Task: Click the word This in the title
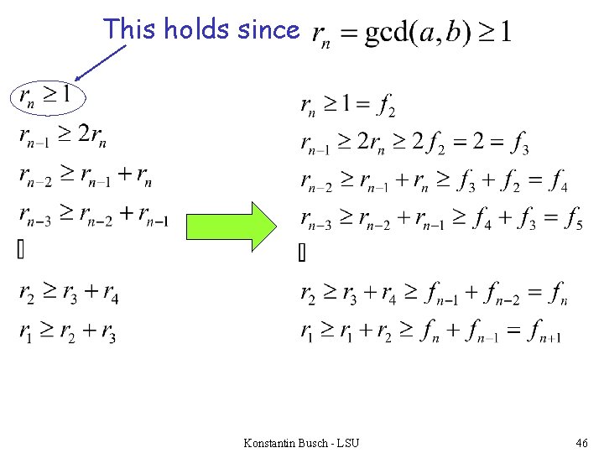click(x=131, y=30)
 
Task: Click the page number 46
click(x=582, y=442)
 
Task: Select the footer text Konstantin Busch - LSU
click(x=300, y=442)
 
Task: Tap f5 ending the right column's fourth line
click(x=574, y=220)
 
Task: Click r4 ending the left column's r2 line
click(x=109, y=294)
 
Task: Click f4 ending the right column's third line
click(x=556, y=182)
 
